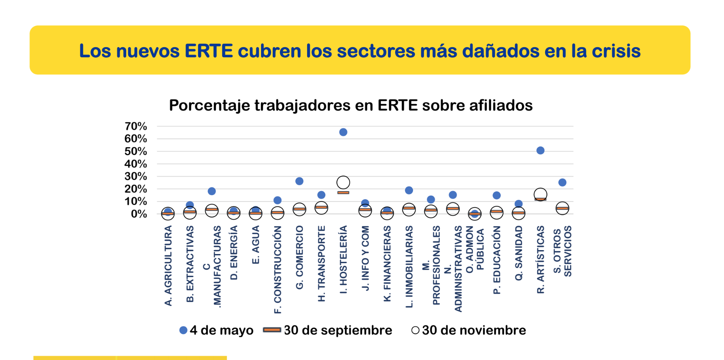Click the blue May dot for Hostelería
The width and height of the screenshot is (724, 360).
tap(343, 132)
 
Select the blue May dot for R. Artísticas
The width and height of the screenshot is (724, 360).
tap(540, 150)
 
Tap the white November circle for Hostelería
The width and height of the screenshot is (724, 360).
tap(343, 182)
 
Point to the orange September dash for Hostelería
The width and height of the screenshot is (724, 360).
tap(343, 192)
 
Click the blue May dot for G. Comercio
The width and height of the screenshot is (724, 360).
tap(299, 181)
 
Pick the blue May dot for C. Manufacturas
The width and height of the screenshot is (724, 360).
tap(212, 191)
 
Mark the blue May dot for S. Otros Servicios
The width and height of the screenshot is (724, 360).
tap(562, 182)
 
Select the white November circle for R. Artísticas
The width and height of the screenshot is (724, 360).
tap(540, 194)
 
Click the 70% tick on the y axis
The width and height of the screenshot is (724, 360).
tap(136, 126)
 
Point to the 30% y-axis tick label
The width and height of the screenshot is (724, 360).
tap(136, 176)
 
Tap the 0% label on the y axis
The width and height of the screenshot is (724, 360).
tap(139, 214)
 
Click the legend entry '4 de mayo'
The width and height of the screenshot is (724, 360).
tap(216, 330)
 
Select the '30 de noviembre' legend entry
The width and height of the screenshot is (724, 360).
tap(469, 330)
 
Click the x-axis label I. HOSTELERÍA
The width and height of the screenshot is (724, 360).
tap(343, 259)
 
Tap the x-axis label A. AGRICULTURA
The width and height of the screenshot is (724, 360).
tap(168, 266)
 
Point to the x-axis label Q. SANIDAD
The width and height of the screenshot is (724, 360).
tap(519, 253)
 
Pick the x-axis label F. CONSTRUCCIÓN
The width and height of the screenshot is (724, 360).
tap(277, 270)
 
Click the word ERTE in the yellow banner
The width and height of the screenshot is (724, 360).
tap(208, 51)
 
